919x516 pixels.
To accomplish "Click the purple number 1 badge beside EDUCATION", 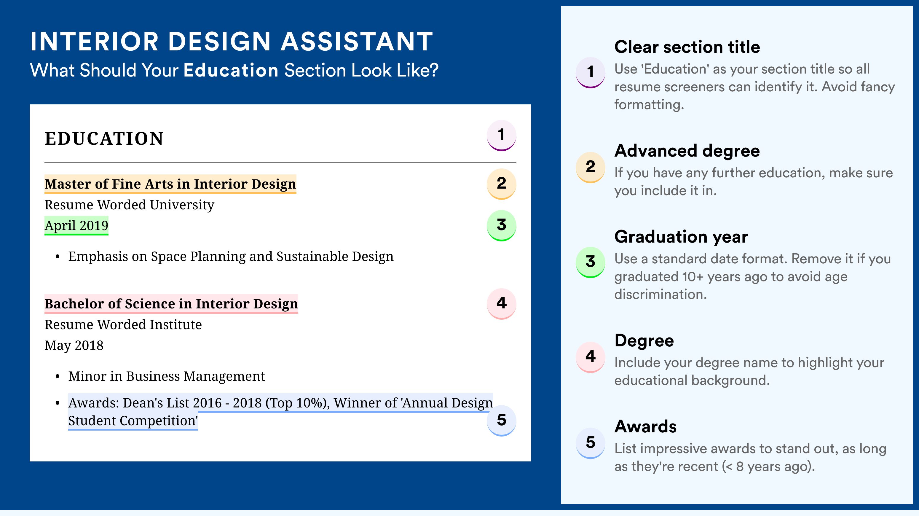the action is (x=501, y=135).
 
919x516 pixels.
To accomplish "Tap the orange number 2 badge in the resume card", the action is (x=501, y=184).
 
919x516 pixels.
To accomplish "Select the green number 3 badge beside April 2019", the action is (x=501, y=225).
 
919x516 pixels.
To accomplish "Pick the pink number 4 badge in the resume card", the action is (x=501, y=304).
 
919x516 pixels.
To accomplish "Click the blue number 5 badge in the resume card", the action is (x=501, y=421).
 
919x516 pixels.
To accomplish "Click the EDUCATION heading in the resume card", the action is (x=104, y=138).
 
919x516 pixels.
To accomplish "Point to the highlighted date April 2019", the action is (x=76, y=225).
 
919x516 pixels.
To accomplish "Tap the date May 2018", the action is (x=74, y=345).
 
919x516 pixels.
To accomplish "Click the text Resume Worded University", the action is (x=129, y=205).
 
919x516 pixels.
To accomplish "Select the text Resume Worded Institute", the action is (x=123, y=324).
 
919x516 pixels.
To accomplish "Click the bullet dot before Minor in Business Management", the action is (x=58, y=377).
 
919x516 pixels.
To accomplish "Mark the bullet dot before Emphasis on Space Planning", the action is (x=58, y=257).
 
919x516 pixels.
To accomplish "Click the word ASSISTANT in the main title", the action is (x=356, y=42).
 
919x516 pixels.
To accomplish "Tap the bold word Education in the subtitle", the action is (x=231, y=70).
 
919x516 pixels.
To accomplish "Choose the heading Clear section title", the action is (x=687, y=47).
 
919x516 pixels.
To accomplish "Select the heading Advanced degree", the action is (x=687, y=151).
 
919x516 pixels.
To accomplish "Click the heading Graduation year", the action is (x=681, y=237).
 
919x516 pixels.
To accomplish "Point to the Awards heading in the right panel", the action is (x=645, y=426).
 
